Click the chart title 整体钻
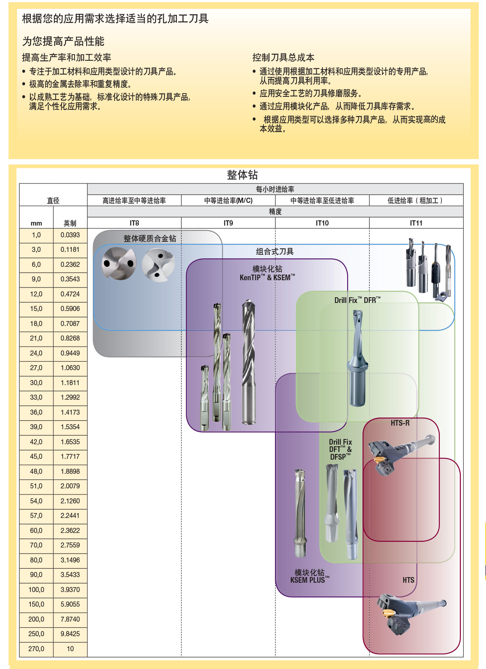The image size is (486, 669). tap(242, 175)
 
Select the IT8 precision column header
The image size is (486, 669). tap(134, 223)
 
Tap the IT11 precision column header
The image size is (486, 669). tap(416, 223)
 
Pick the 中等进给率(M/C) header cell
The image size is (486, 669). tap(228, 200)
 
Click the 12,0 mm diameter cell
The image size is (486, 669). tap(36, 294)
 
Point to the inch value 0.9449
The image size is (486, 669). tap(70, 353)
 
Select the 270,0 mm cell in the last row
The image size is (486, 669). tap(36, 649)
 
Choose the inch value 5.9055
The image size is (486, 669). tap(70, 604)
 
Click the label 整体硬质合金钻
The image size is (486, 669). tap(150, 239)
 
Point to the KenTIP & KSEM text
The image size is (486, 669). tap(267, 277)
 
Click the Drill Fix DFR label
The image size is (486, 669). tap(357, 300)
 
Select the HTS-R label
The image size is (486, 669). tap(400, 423)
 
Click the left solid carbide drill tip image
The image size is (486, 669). tap(118, 263)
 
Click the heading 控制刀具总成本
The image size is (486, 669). tap(283, 58)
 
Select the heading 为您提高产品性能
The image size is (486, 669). tap(63, 41)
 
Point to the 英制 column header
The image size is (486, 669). tap(70, 223)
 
